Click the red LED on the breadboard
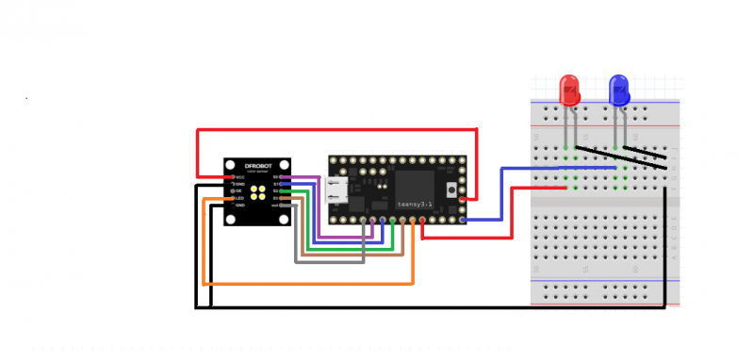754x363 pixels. [569, 91]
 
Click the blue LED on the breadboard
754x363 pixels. [619, 91]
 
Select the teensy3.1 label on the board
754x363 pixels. [418, 202]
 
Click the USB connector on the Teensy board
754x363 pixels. [336, 190]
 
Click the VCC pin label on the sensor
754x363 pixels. [239, 176]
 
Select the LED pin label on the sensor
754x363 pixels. [239, 198]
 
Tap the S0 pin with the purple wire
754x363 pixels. [277, 176]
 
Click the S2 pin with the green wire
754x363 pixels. [277, 190]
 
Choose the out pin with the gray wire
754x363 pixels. [277, 205]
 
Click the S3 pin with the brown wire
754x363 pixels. [277, 198]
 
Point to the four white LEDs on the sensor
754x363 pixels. [257, 190]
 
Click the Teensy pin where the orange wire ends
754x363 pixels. [413, 221]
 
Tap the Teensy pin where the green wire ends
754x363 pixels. [391, 221]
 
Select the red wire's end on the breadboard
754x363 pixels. [565, 188]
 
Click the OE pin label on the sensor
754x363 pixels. [239, 190]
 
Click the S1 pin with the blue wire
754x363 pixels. [277, 184]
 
